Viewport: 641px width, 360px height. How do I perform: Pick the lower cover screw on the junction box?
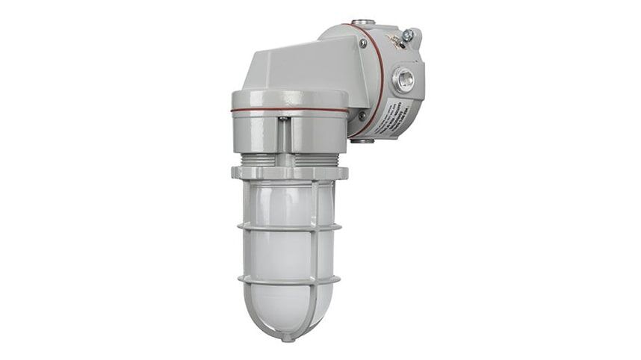coord(362,117)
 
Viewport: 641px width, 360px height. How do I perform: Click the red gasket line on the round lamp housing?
coord(288,110)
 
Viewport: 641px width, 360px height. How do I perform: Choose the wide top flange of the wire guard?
coord(288,173)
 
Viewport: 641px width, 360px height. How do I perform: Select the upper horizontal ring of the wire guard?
coord(288,226)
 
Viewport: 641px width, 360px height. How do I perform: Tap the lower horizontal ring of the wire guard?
coord(288,279)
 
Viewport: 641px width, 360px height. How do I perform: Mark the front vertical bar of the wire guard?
coord(288,254)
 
